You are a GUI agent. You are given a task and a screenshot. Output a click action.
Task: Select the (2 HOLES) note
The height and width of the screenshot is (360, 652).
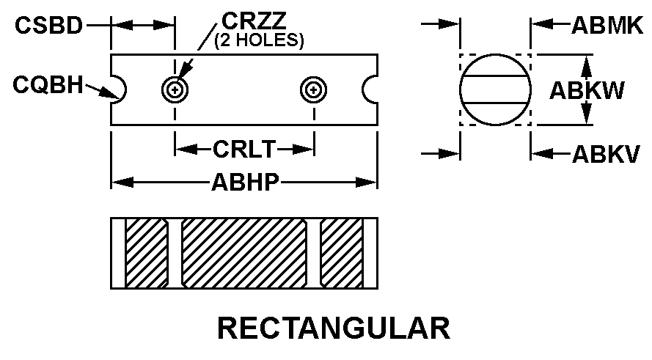point(259,40)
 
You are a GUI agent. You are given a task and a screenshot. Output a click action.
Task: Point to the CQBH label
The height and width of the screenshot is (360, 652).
point(47,86)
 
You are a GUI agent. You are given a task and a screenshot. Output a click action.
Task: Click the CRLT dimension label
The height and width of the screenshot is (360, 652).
point(243,150)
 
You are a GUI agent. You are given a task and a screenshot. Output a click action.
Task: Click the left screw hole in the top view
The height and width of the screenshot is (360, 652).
point(175,90)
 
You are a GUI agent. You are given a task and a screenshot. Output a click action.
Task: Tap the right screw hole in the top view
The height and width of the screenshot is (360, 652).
point(313,90)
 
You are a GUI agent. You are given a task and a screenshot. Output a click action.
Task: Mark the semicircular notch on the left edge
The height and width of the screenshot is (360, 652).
point(117,89)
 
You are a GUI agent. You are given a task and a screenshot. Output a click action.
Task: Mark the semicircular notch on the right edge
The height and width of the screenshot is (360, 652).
point(370,89)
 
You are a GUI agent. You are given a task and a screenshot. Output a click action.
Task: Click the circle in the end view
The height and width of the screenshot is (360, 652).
point(495,90)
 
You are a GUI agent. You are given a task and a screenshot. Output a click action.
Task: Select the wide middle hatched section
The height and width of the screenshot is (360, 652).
point(243,252)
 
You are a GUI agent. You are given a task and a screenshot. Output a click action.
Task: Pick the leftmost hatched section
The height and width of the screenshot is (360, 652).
point(147,252)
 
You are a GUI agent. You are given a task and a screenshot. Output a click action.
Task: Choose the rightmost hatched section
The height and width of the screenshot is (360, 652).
point(341,252)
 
